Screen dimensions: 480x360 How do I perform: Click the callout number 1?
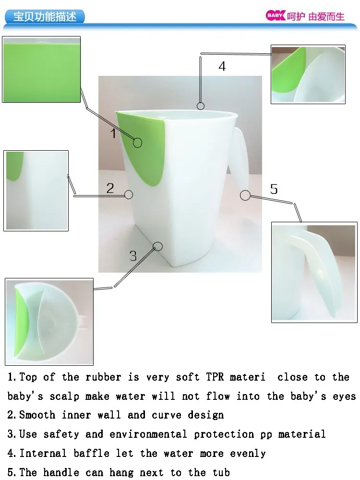113,133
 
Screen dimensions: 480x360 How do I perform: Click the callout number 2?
110,188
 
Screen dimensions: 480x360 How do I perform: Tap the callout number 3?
133,255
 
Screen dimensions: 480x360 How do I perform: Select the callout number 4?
222,66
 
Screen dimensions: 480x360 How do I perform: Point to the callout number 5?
274,189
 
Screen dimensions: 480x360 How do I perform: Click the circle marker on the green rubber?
138,143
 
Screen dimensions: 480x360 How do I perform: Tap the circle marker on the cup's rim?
201,106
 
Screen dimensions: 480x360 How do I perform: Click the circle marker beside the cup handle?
245,195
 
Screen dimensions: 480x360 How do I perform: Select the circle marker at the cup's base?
157,246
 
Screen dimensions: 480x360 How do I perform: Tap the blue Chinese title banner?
45,17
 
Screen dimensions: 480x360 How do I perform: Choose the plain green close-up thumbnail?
41,70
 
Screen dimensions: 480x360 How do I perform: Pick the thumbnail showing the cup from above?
49,322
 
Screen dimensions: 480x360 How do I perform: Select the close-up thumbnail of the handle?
314,272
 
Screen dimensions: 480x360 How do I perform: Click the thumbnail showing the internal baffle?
308,74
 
